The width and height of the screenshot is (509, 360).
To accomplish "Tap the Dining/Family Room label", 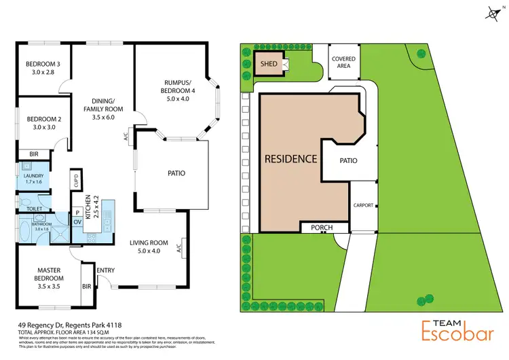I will [103, 109].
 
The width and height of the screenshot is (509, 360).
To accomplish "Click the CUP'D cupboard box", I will [76, 180].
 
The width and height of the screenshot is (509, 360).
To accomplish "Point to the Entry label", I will [106, 270].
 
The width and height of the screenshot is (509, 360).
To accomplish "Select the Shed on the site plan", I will [269, 65].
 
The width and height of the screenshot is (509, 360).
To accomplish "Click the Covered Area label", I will [343, 62].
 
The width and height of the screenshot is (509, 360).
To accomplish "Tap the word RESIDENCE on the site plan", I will [290, 159].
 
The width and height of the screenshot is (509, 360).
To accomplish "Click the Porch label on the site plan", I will [324, 228].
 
